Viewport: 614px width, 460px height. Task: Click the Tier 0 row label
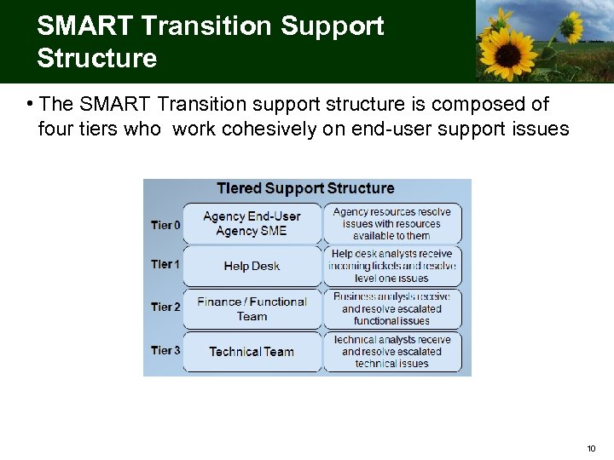[165, 225]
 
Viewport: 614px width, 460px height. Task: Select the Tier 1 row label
[165, 264]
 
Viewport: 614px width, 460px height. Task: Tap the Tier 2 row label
[165, 307]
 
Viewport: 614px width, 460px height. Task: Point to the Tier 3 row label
[165, 350]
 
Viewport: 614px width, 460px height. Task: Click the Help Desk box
[252, 266]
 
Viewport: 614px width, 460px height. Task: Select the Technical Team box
[252, 351]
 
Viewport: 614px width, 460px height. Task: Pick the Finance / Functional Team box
[252, 308]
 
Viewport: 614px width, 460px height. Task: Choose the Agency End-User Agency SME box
[252, 223]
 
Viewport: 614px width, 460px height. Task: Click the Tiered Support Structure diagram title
[305, 188]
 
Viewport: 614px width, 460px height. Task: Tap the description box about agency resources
[392, 223]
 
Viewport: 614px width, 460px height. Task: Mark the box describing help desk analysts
[392, 266]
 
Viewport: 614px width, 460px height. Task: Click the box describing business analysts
[392, 308]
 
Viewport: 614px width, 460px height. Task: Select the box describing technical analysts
[392, 351]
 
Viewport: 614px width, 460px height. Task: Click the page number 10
[592, 448]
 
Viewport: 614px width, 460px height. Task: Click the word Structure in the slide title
[97, 58]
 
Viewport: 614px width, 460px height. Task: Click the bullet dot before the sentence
[29, 105]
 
